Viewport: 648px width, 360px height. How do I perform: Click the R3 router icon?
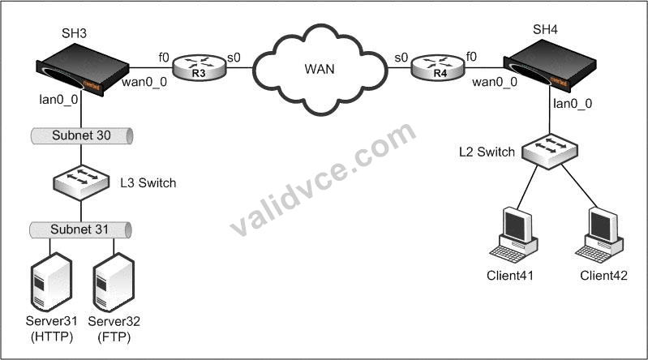[200, 67]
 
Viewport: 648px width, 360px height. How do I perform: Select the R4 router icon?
[439, 67]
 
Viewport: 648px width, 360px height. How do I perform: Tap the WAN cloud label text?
[320, 69]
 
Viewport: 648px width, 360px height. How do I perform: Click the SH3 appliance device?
[83, 69]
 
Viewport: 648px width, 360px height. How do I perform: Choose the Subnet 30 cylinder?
[82, 135]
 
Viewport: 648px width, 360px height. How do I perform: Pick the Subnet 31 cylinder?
[80, 229]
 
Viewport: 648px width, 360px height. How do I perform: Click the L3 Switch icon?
[81, 182]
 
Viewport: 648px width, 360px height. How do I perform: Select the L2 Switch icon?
[550, 152]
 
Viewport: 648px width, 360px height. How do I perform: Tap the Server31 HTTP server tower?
[51, 282]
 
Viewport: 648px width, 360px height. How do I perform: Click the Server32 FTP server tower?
[114, 282]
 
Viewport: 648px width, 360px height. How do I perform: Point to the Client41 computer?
[513, 234]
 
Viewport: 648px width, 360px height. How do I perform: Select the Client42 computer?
[599, 234]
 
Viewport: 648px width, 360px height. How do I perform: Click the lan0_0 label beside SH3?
[58, 100]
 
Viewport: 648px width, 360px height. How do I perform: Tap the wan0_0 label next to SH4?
[494, 82]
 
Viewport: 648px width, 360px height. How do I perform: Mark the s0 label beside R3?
[234, 58]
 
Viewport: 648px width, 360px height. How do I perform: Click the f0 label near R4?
[471, 56]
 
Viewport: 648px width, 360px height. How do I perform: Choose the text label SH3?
[74, 33]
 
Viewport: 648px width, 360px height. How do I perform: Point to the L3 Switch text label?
[148, 182]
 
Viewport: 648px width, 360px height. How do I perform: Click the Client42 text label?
[603, 275]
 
